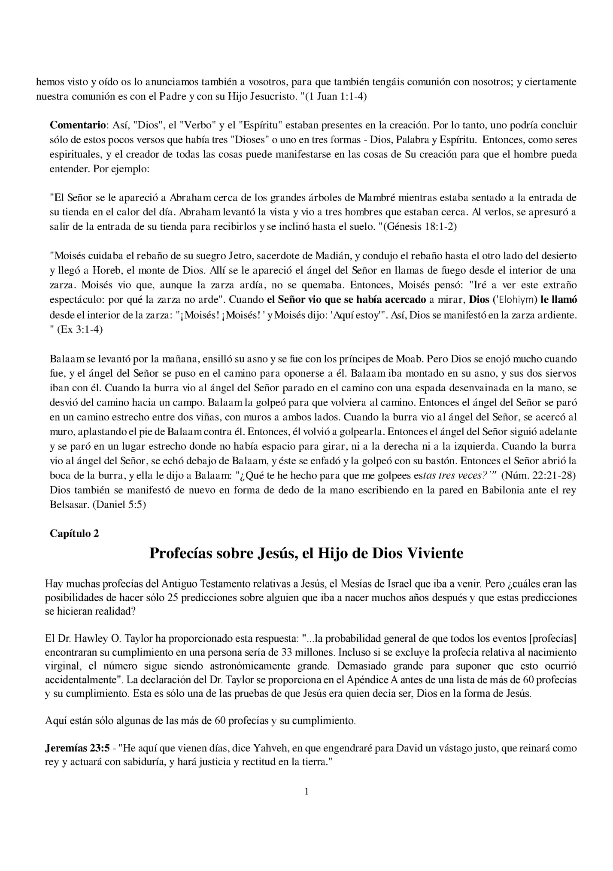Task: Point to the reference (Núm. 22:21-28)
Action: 538,475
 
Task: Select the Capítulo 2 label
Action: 74,533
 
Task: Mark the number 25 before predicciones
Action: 173,598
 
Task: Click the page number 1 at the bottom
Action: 306,791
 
